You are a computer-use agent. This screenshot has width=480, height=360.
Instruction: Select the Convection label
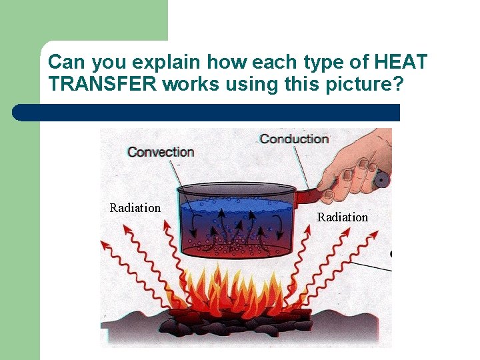[161, 152]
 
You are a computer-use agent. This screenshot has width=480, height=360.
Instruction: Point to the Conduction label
[294, 139]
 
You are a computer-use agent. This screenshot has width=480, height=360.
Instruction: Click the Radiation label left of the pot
[135, 208]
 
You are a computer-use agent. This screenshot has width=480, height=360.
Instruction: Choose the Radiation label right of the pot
[343, 217]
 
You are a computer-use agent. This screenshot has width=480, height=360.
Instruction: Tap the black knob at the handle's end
[382, 179]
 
